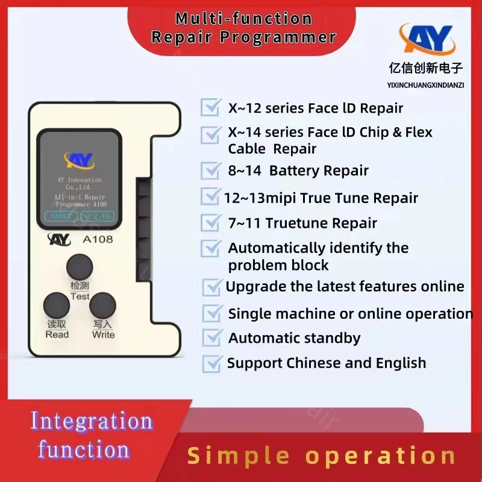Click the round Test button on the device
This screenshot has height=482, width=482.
[80, 266]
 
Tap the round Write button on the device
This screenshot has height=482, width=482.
[102, 305]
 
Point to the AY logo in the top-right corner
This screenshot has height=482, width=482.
[427, 39]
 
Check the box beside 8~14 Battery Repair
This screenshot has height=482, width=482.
[210, 171]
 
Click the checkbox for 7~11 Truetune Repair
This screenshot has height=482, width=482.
[210, 223]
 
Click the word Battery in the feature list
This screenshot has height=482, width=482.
[293, 171]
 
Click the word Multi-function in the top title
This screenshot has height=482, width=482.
[243, 18]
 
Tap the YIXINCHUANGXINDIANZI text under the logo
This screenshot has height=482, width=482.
[425, 85]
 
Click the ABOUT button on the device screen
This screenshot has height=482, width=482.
[61, 216]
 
